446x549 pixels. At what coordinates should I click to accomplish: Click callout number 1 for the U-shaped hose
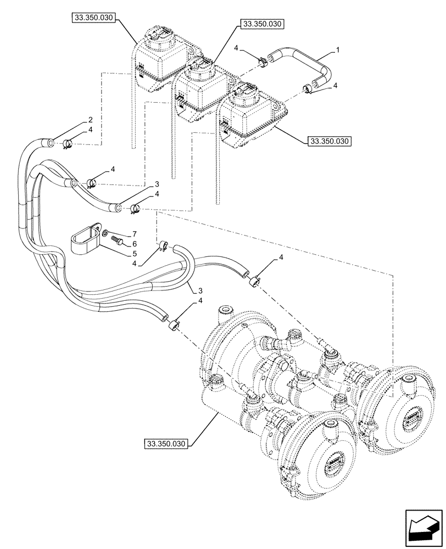(338, 50)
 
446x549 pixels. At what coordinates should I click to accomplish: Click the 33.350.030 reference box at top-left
(92, 18)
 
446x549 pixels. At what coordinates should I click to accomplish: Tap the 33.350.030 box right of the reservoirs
(329, 141)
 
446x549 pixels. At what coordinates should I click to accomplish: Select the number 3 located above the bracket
(157, 183)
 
